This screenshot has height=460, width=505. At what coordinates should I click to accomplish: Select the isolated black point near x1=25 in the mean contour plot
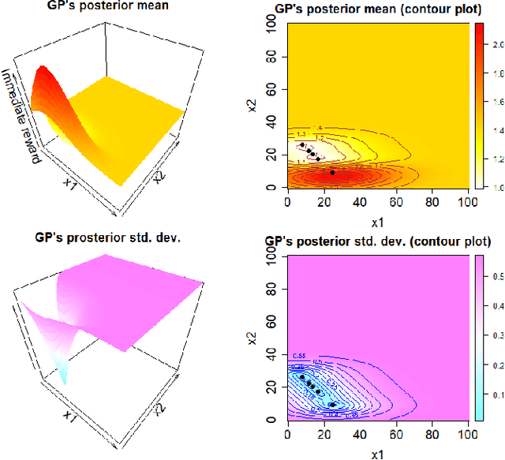tap(332, 172)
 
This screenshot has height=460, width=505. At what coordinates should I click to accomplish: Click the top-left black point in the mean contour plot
tap(301, 144)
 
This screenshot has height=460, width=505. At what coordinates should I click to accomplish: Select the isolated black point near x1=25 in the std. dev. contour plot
tap(332, 404)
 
